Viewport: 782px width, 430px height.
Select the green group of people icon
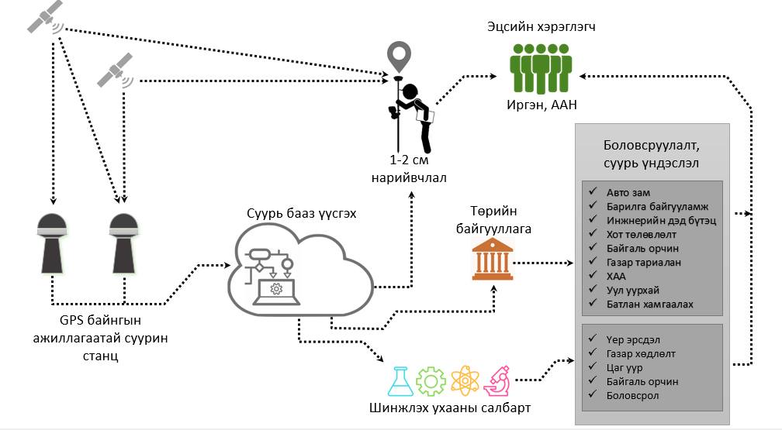(x=542, y=69)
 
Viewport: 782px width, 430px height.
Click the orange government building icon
(x=490, y=259)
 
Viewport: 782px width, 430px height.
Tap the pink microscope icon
(x=497, y=378)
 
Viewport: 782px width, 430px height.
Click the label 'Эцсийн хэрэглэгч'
(x=542, y=27)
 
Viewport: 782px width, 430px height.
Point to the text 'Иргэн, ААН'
(x=542, y=105)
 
